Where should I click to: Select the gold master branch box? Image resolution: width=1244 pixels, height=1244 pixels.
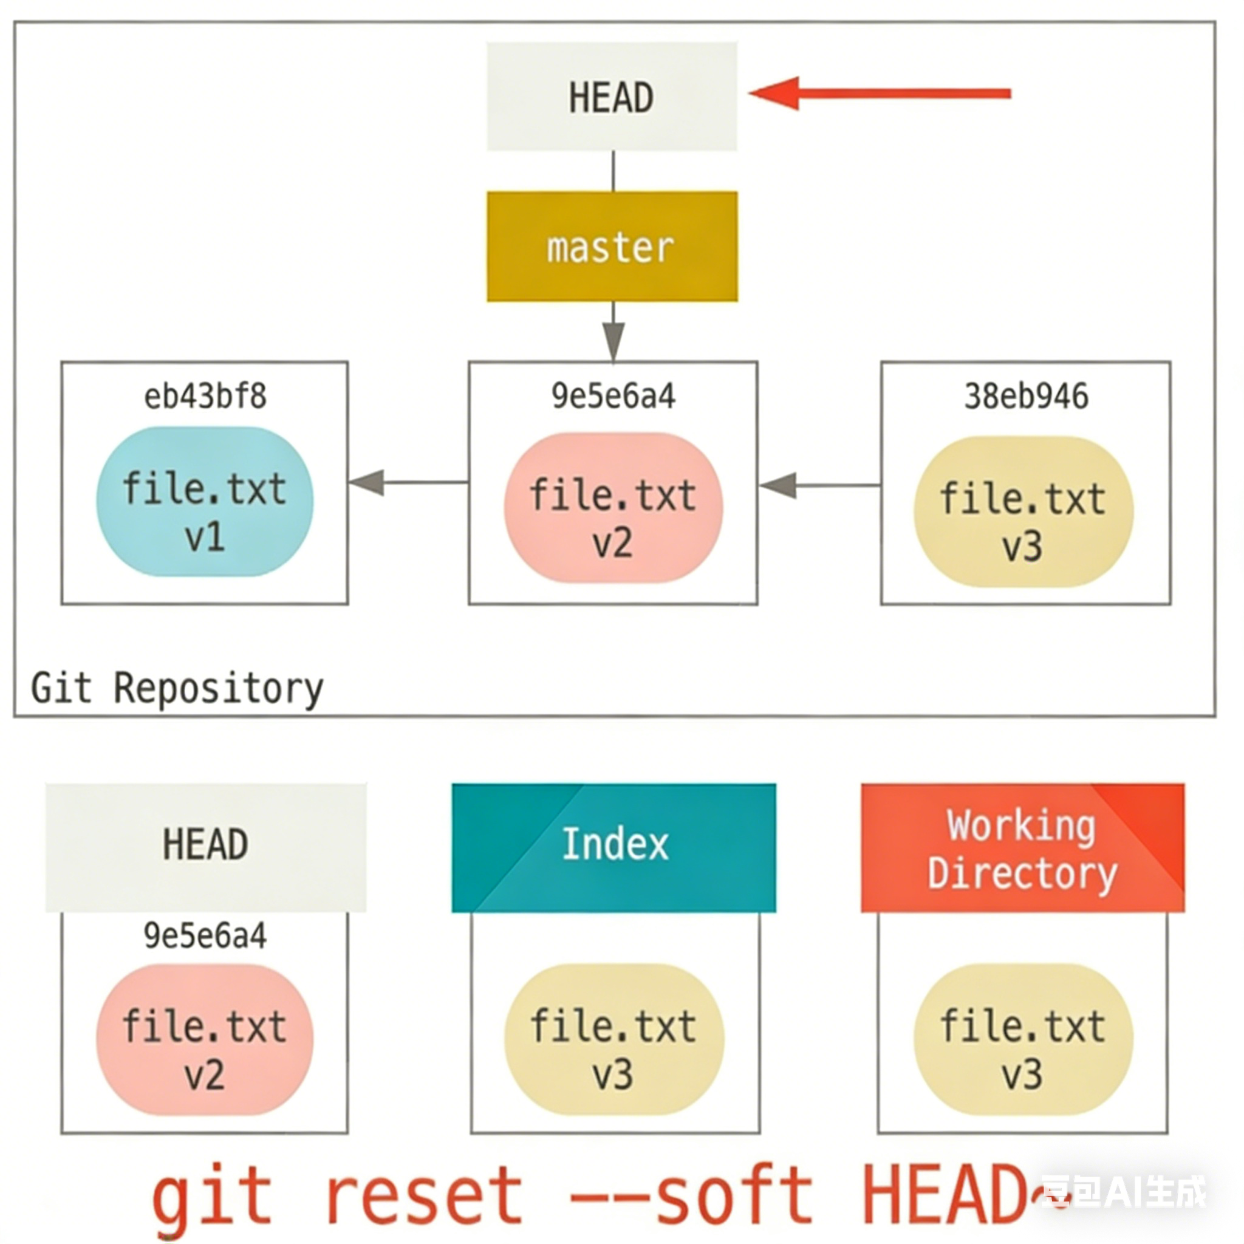[612, 247]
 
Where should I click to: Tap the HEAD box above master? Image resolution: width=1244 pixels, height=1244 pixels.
[612, 97]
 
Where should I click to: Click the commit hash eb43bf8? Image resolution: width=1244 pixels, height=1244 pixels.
[205, 396]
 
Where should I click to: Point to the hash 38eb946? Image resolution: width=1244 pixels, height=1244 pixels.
[1026, 396]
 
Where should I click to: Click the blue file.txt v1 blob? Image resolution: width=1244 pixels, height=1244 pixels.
[205, 502]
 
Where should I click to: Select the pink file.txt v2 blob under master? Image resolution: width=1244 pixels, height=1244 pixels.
[613, 507]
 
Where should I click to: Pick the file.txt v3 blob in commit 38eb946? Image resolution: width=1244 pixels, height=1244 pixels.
[1023, 511]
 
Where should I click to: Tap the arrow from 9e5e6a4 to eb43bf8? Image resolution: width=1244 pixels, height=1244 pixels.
[408, 482]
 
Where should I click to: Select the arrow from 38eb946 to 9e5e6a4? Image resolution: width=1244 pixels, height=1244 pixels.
[819, 485]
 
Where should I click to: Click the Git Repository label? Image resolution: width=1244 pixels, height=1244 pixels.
[177, 688]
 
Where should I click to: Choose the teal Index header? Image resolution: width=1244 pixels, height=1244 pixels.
[613, 847]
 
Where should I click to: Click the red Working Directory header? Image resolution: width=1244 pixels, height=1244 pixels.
[1022, 847]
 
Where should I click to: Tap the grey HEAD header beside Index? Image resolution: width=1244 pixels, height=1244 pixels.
[205, 846]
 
